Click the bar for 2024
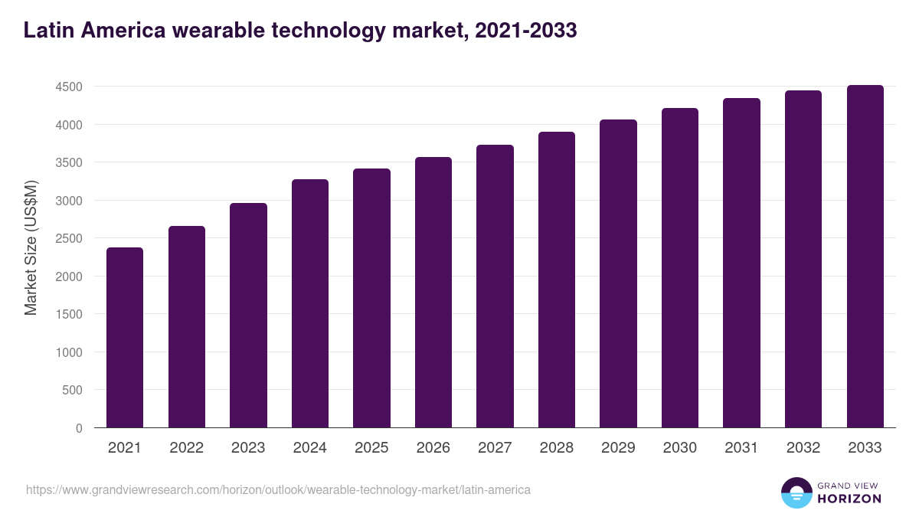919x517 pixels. pos(310,303)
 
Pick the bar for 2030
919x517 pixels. pos(680,267)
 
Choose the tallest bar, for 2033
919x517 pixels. pos(865,256)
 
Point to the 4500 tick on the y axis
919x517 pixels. pos(69,87)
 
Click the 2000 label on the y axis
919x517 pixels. pos(69,276)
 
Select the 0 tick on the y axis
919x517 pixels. pos(79,428)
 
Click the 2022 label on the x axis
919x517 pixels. pos(186,448)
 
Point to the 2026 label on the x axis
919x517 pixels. pos(433,448)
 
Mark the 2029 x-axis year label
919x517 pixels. pos(618,448)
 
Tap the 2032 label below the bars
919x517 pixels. pos(803,448)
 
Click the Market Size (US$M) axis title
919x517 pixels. pos(31,247)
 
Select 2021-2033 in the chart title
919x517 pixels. pos(525,31)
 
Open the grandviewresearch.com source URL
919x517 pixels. pos(278,489)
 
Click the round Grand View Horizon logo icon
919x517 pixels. pos(796,493)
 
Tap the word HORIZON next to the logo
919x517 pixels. pos(849,499)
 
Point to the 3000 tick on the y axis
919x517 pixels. pos(69,201)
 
